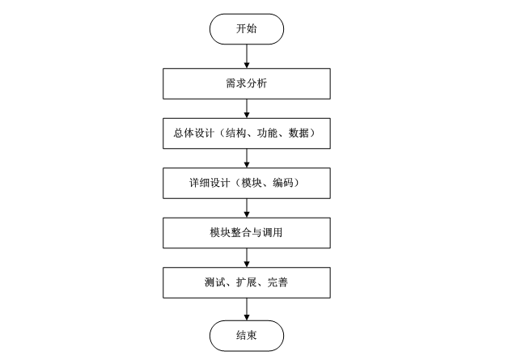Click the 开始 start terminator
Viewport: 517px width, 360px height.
247,29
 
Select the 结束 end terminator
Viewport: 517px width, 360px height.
247,336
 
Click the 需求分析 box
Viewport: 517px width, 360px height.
247,84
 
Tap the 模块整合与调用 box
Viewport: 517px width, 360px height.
247,233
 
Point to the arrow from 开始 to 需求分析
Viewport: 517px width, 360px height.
247,57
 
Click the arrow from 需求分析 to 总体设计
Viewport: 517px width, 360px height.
247,108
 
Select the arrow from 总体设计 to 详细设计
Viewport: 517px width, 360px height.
247,159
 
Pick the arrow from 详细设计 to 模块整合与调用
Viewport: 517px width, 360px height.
247,208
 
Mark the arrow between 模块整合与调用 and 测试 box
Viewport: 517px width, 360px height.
247,258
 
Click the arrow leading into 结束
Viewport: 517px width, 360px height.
247,309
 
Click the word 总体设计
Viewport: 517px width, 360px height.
194,133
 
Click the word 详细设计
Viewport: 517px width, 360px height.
210,183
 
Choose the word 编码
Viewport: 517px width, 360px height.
283,183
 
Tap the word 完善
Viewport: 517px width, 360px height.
278,282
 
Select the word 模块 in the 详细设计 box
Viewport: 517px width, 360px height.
252,183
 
